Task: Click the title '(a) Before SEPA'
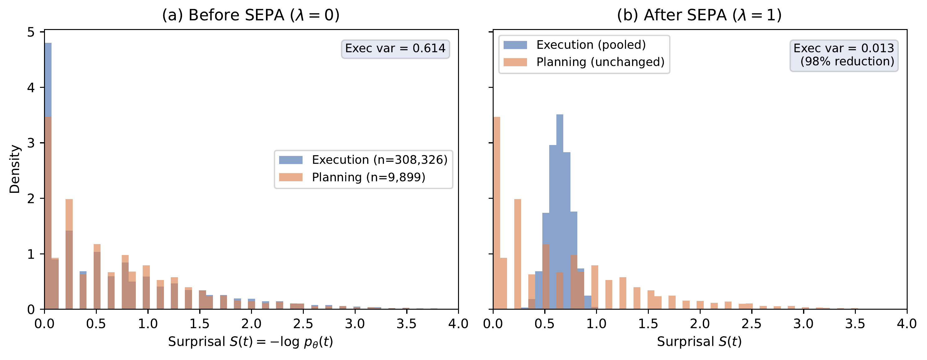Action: point(250,15)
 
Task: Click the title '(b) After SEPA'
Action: point(699,15)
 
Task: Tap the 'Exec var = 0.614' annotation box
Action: point(395,48)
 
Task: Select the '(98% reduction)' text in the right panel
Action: point(847,62)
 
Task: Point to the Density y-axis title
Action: point(14,169)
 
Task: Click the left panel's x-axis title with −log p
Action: point(250,342)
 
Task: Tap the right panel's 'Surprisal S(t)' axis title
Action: point(699,342)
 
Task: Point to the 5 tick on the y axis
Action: point(31,32)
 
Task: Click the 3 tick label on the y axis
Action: point(31,143)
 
